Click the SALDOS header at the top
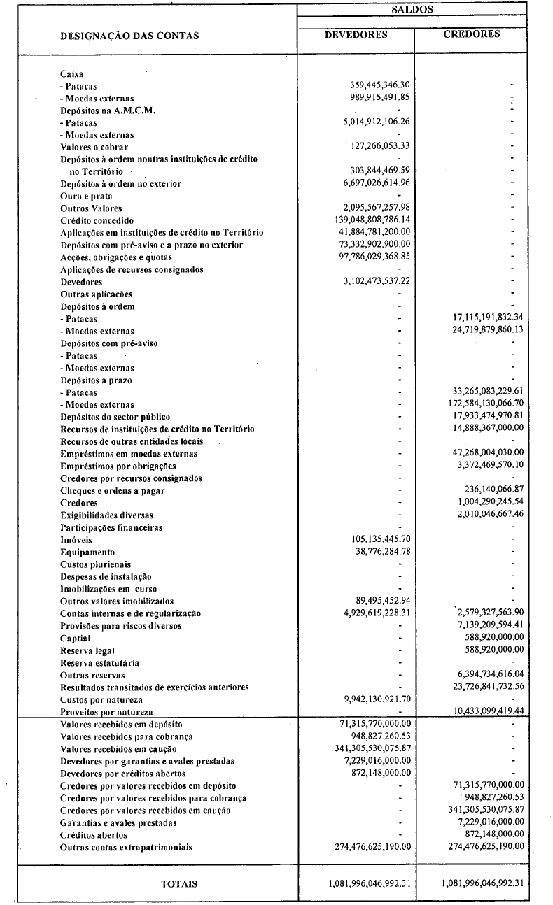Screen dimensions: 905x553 pos(412,10)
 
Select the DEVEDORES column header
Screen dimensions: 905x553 pos(356,34)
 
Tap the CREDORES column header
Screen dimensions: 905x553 pos(472,34)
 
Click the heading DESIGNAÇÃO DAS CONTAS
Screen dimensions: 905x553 pos(129,36)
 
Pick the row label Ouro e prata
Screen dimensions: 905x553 pos(86,197)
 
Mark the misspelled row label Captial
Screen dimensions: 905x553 pos(75,639)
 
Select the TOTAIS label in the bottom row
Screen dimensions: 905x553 pos(179,883)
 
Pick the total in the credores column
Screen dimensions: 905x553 pos(483,883)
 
